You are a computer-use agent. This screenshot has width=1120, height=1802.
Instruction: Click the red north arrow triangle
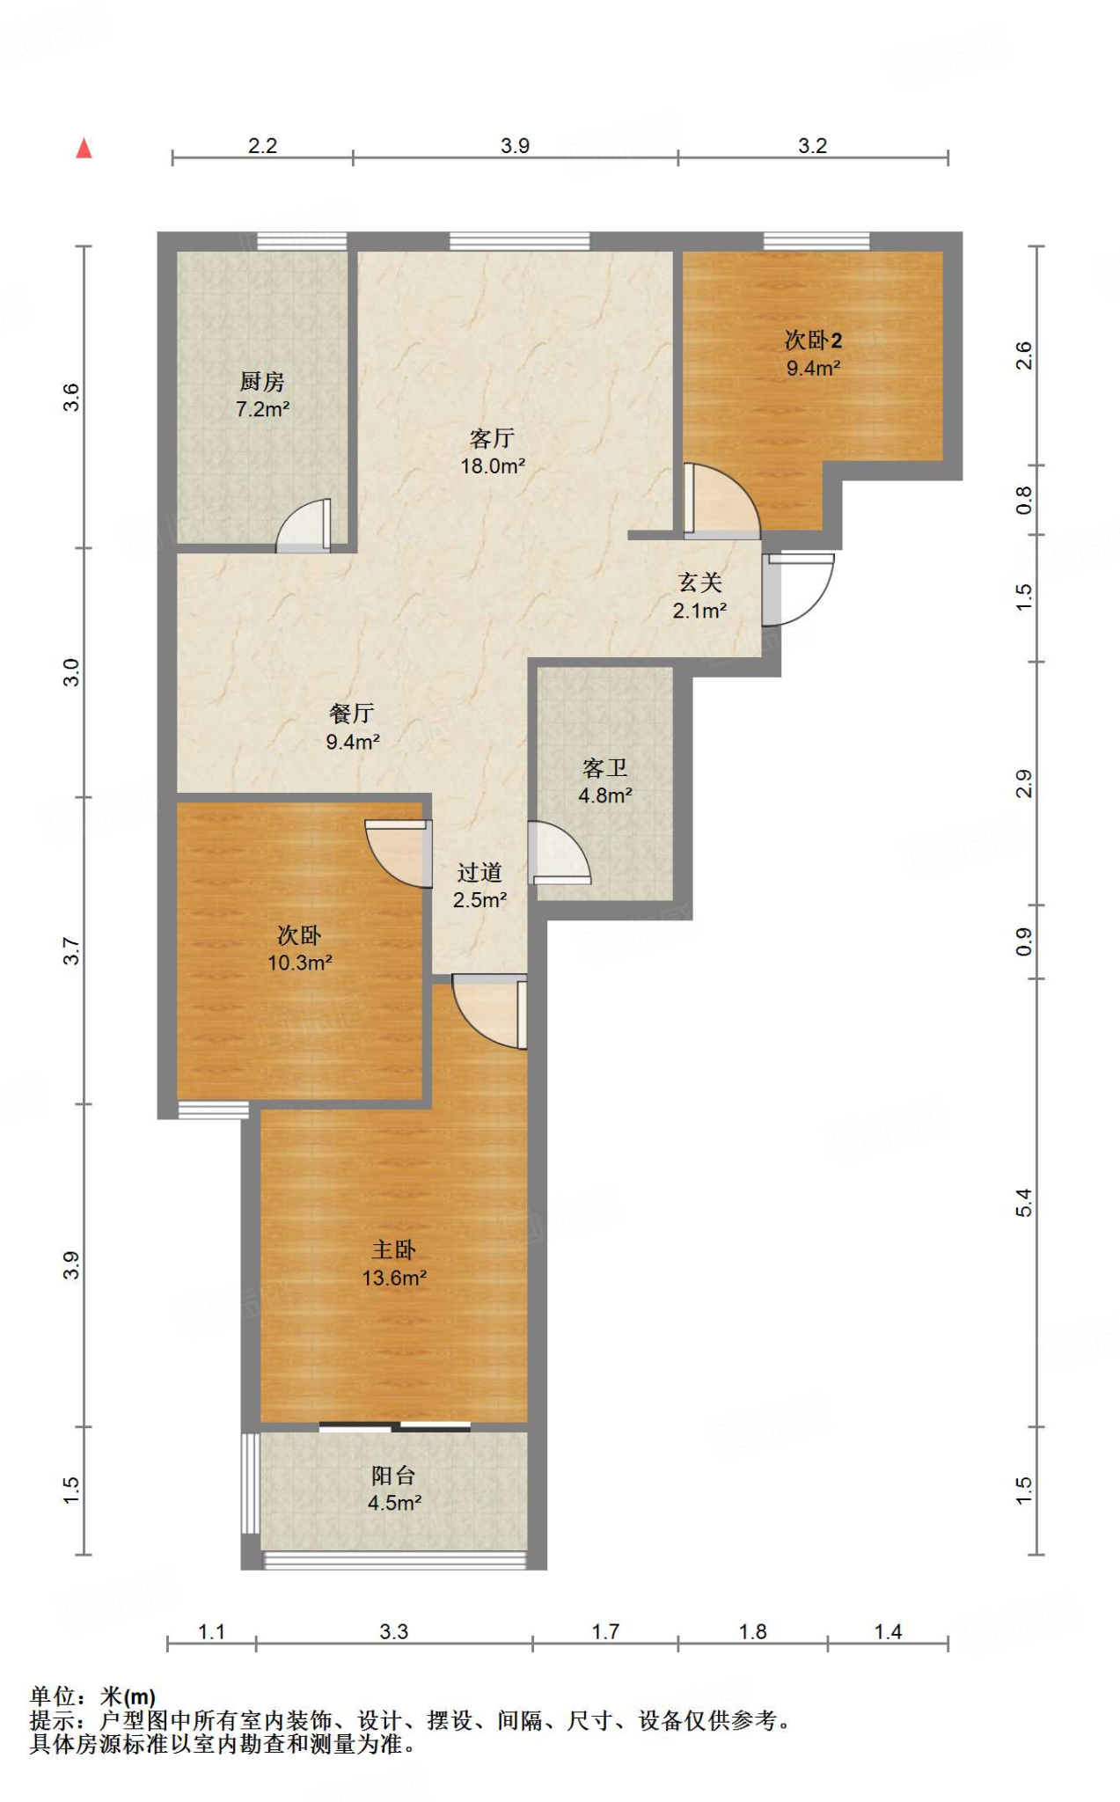coord(84,148)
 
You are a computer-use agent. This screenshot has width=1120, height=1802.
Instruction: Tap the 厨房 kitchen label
coord(262,382)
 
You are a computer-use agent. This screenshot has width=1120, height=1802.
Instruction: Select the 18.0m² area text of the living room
coord(493,466)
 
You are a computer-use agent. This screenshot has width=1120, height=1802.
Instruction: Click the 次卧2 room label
coord(813,340)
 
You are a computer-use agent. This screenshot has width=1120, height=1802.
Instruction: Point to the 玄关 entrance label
coord(700,582)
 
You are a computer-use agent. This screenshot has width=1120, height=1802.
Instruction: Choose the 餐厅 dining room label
coord(352,714)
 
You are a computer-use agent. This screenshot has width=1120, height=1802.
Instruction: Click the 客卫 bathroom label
coord(605,768)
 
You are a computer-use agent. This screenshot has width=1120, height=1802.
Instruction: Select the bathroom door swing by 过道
coord(559,852)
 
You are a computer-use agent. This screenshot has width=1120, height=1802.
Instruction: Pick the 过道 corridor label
coord(479,873)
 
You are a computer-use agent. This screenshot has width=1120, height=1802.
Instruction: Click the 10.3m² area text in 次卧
coord(300,963)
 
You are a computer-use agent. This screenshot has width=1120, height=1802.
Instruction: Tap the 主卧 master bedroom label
coord(393,1250)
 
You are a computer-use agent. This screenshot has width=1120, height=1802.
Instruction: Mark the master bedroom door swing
coord(489,1011)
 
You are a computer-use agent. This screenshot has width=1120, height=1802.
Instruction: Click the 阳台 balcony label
coord(393,1476)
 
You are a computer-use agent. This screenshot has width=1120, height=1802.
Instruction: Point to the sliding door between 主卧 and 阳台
coord(394,1426)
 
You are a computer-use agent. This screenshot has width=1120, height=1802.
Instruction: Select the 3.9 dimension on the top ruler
coord(516,145)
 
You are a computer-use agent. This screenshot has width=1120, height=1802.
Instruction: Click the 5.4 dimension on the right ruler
coord(1023,1202)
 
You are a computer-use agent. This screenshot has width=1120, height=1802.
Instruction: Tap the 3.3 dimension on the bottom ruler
coord(393,1631)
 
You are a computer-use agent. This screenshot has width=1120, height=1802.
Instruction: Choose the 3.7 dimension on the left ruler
coord(70,951)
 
